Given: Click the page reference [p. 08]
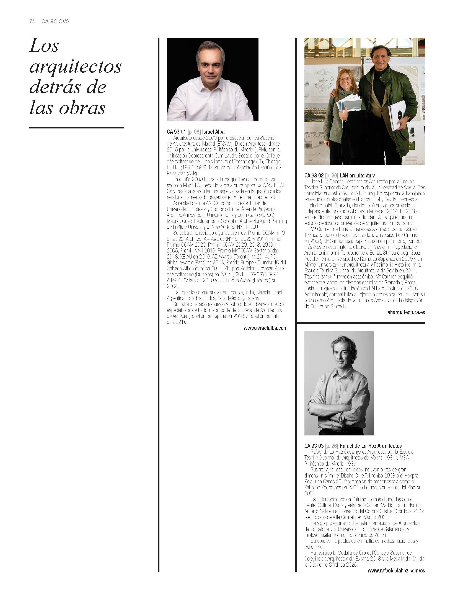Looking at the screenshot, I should click(x=194, y=132).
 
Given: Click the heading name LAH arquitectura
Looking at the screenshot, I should click(x=357, y=176).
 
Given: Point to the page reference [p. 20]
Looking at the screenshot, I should click(x=332, y=176).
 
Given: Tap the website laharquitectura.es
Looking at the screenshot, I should click(x=405, y=312).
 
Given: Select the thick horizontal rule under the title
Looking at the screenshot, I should click(x=77, y=128).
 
